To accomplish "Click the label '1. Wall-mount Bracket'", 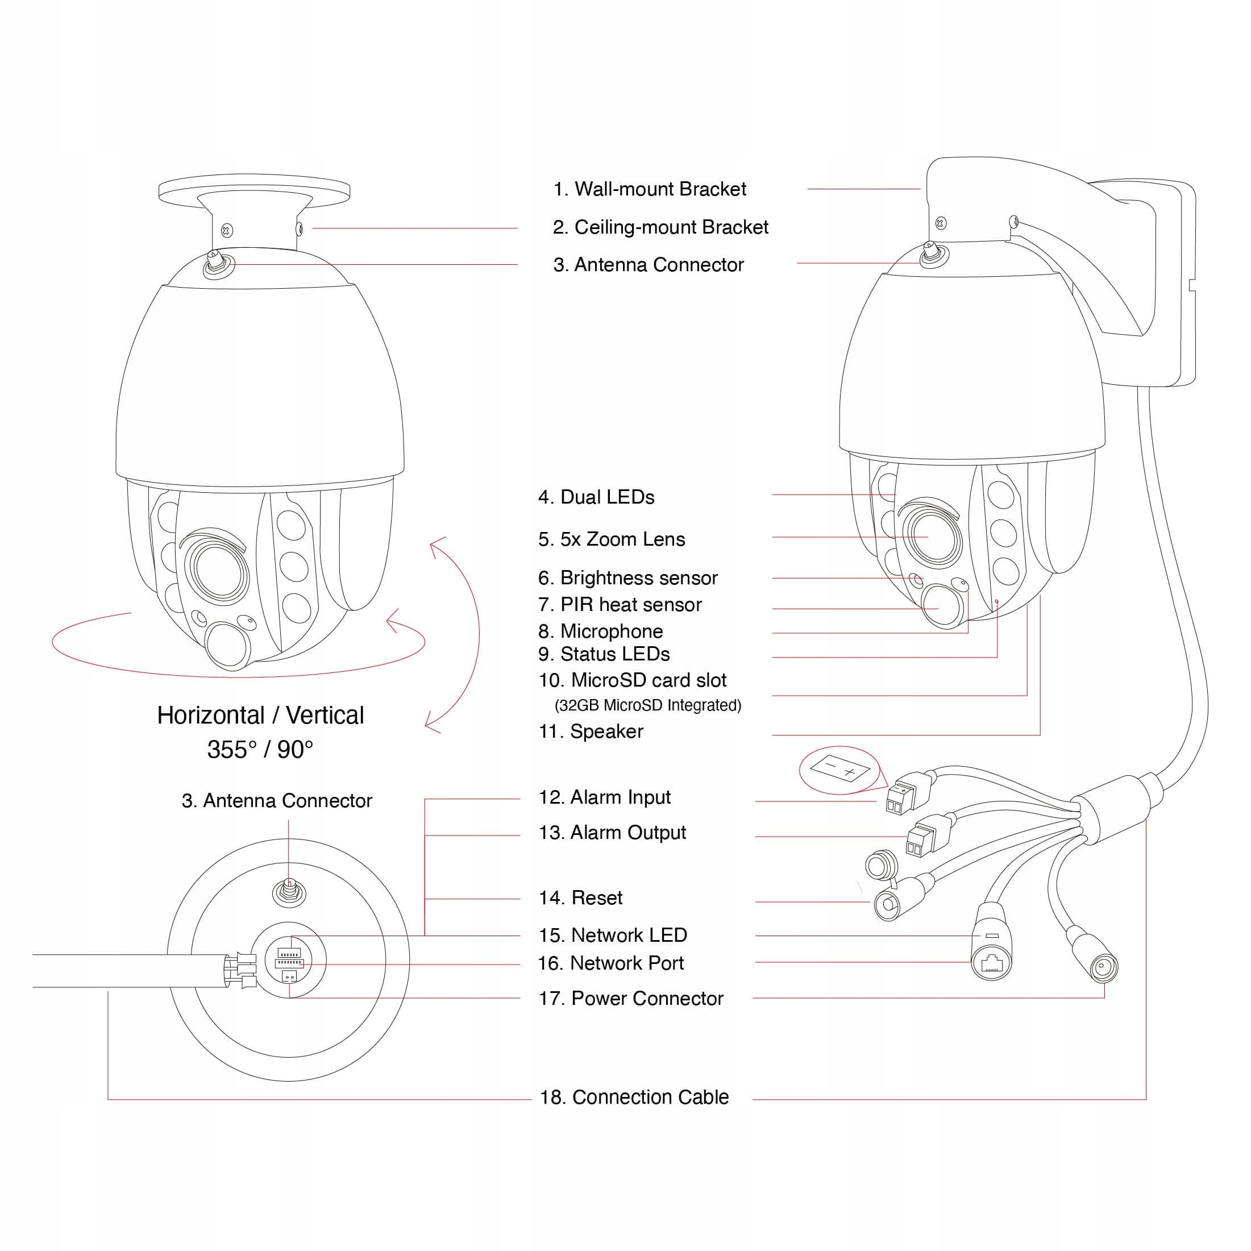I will [x=650, y=189].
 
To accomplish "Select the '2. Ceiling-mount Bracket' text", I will [x=660, y=227].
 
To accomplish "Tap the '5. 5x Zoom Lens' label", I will [x=611, y=539].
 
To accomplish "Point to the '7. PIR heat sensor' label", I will [x=620, y=605].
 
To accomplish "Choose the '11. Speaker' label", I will [x=591, y=732].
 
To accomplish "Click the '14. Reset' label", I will [x=580, y=898].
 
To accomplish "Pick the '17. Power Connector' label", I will [x=631, y=999].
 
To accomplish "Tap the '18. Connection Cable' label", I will [x=634, y=1098].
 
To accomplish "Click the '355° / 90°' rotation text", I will [x=260, y=750].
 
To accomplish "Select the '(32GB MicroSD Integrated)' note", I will [x=647, y=705].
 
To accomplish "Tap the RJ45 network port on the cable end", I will [x=991, y=965].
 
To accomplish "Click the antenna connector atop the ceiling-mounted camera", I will [x=214, y=263].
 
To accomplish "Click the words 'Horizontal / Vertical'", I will [x=260, y=716].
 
